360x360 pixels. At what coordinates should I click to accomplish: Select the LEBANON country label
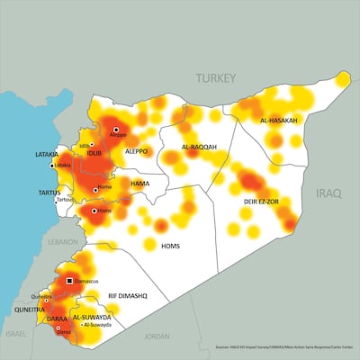tap(64, 242)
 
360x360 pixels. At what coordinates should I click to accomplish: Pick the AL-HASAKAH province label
tap(278, 120)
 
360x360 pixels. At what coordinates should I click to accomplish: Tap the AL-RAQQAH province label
tap(201, 147)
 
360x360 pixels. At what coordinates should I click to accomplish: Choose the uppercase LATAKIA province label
tap(47, 154)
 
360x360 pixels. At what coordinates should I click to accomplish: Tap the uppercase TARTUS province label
tap(47, 192)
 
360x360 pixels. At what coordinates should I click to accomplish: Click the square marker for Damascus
tap(69, 283)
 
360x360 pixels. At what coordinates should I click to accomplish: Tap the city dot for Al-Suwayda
tap(83, 324)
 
